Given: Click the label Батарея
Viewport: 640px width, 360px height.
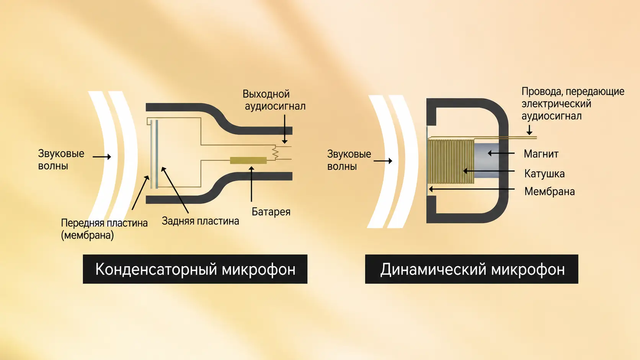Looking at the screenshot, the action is pos(271,212).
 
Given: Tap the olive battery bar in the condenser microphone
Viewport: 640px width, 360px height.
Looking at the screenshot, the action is pos(248,160).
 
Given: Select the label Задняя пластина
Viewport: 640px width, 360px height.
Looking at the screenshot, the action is pos(200,221).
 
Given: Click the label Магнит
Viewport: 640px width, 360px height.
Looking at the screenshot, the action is pos(541,154).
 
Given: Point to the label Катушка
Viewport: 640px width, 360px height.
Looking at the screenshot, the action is pos(544,174).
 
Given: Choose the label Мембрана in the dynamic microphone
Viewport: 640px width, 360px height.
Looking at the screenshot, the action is pos(549,192).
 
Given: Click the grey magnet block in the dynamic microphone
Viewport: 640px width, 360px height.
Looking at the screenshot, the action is pos(486,160).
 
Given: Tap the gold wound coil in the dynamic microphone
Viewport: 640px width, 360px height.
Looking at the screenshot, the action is pos(451,161).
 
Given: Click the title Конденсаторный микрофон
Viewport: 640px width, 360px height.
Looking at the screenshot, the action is pos(195,269).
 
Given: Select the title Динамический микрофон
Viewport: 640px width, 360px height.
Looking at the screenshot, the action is pos(472,269).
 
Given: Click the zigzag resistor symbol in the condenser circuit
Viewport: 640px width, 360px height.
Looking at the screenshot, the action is pos(275,152).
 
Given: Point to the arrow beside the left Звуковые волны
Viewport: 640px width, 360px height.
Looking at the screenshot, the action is pos(102,156).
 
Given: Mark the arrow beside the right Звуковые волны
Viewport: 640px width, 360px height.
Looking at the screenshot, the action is pos(383,161).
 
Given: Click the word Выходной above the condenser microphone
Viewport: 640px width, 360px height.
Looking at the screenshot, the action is pos(266,94).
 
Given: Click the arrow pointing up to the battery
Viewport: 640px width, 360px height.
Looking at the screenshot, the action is pos(251,184).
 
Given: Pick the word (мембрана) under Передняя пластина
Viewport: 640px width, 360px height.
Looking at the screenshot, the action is pos(87,236).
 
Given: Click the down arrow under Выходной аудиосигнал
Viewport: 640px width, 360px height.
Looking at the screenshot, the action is pos(284,129).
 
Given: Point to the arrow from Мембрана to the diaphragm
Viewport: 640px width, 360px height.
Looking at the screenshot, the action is pos(472,189).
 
